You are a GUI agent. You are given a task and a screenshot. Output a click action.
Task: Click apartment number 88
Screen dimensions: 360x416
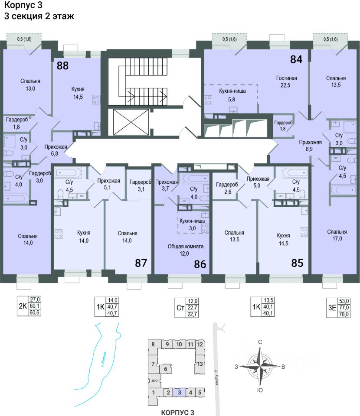63,66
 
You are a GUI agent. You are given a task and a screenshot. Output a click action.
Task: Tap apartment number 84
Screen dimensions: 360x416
296,59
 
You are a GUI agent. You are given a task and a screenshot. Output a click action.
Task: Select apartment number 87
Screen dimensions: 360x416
141,263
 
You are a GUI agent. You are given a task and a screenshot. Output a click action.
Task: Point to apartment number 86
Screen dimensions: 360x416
200,264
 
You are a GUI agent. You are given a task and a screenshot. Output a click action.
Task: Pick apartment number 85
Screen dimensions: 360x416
297,263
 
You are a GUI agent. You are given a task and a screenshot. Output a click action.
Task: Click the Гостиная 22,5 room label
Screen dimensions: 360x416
286,81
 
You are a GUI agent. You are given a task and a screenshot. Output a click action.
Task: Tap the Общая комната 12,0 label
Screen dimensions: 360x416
185,250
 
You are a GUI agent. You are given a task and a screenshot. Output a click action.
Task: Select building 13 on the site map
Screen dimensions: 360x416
200,364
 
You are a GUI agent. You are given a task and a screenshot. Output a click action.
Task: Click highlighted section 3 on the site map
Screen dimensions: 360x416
179,393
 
